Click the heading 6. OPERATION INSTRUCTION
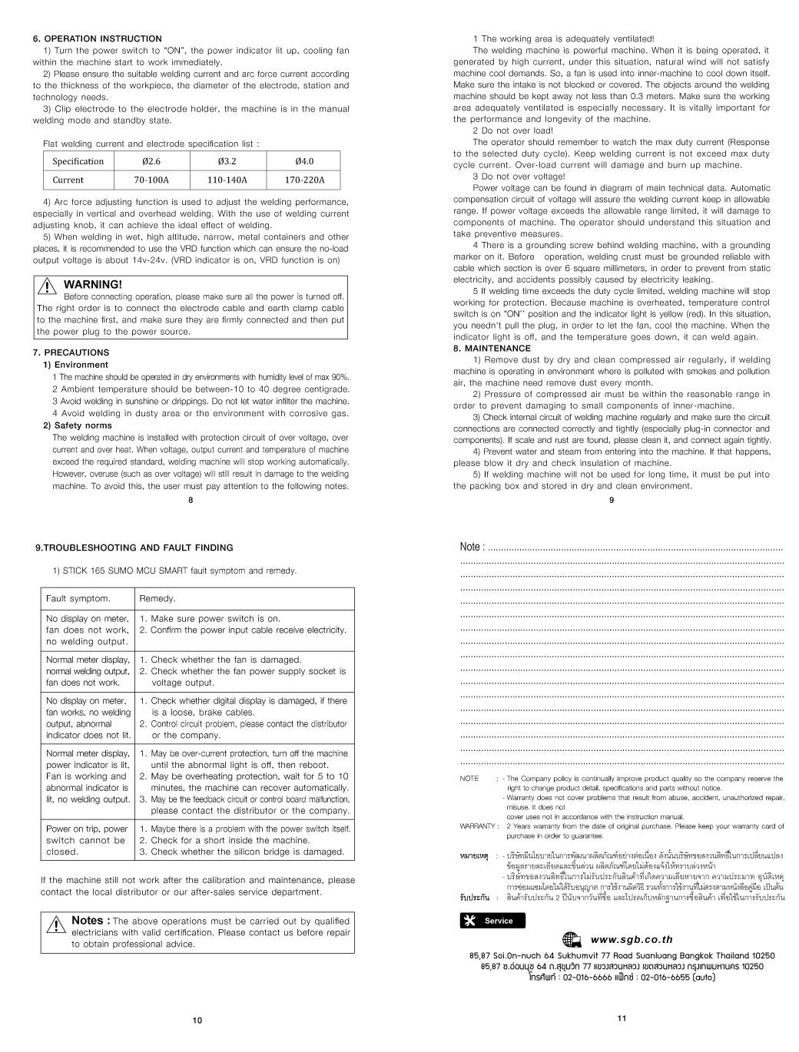pos(97,38)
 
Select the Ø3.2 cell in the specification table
pos(227,161)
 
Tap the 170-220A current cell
pos(304,180)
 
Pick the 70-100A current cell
pos(151,180)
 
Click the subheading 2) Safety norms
pos(77,425)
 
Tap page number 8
pos(191,501)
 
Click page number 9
pos(612,501)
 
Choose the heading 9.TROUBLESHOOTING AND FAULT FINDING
pos(134,548)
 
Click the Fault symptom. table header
pos(78,598)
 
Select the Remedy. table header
pos(157,598)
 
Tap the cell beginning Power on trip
pos(88,840)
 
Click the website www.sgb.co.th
pos(632,938)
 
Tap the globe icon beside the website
pos(572,938)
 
